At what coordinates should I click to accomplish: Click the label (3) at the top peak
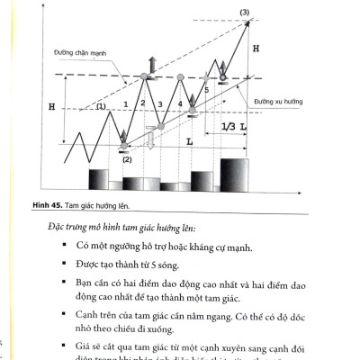[x=245, y=10]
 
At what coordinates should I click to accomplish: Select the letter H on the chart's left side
[x=53, y=107]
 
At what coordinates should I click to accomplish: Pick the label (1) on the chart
[x=102, y=106]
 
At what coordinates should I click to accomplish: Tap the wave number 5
[x=206, y=90]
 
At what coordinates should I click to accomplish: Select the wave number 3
[x=160, y=105]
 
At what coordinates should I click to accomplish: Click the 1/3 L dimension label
[x=234, y=127]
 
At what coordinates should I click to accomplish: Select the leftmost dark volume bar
[x=98, y=178]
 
